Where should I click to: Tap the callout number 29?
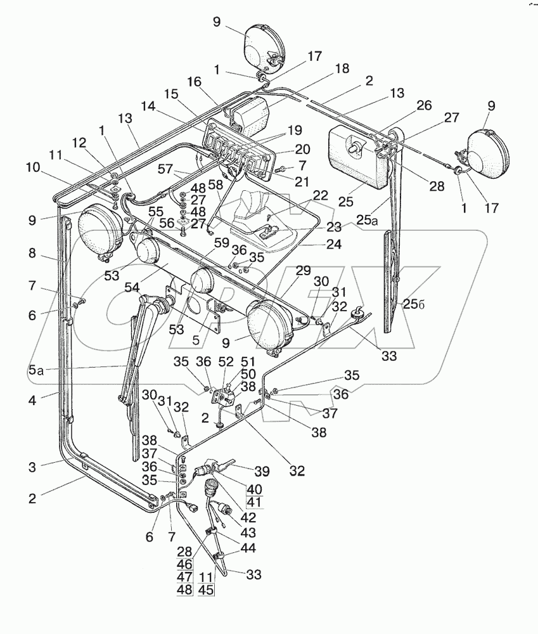point(304,270)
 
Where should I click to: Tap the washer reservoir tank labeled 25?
point(355,155)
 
